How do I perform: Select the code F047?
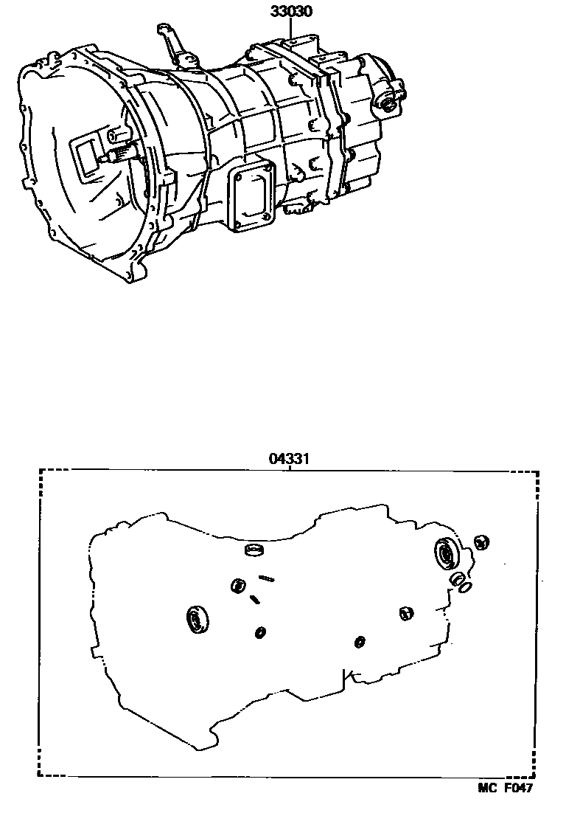pyautogui.click(x=519, y=787)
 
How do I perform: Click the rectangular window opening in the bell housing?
pyautogui.click(x=87, y=156)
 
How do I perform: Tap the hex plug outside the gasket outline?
pyautogui.click(x=481, y=542)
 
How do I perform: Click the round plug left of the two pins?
pyautogui.click(x=238, y=586)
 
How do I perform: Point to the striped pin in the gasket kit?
pyautogui.click(x=267, y=578)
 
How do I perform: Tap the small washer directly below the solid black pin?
pyautogui.click(x=260, y=632)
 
